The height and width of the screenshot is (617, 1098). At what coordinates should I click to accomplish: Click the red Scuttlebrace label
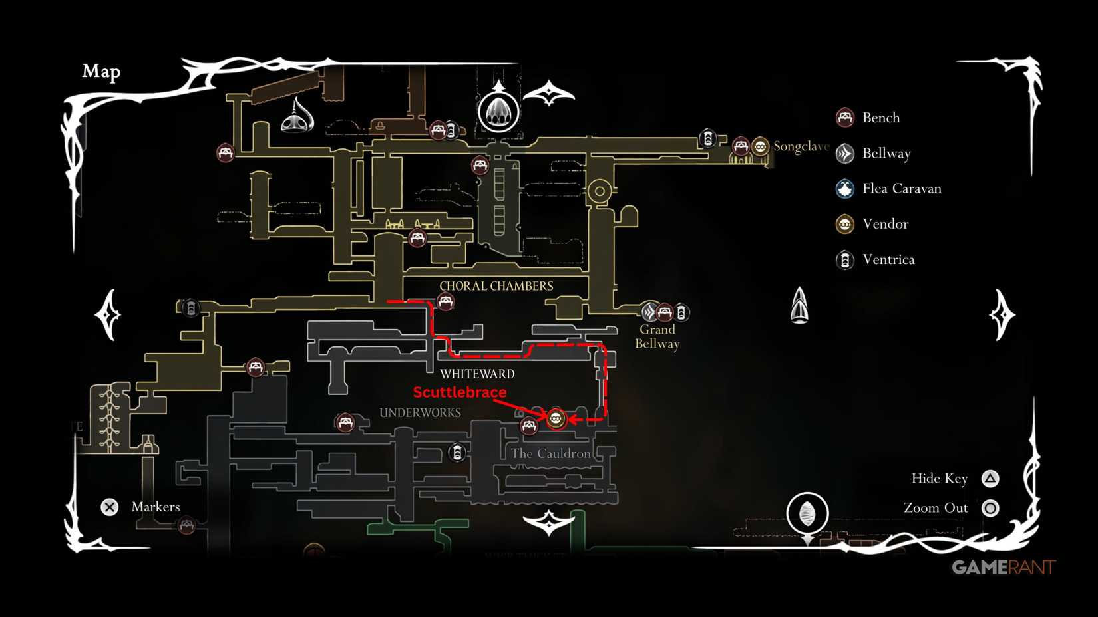click(459, 392)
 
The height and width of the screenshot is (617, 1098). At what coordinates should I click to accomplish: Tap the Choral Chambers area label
click(496, 286)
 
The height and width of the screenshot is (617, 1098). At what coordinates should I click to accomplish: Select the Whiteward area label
click(477, 374)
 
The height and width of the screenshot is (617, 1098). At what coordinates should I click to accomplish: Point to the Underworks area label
click(420, 412)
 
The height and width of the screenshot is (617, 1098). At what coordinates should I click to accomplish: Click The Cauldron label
click(550, 453)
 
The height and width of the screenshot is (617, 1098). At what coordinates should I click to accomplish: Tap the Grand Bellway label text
click(657, 336)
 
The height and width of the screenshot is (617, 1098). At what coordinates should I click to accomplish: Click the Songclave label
click(801, 146)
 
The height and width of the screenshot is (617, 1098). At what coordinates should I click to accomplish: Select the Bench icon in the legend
click(845, 118)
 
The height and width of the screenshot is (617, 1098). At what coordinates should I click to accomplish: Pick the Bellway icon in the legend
click(845, 154)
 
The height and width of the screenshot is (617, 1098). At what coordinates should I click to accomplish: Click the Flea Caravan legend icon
click(845, 189)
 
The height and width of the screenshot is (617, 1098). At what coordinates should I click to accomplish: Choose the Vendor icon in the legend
click(845, 224)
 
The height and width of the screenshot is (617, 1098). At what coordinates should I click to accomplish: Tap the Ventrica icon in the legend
click(845, 259)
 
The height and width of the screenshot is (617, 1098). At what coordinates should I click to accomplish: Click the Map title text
click(101, 71)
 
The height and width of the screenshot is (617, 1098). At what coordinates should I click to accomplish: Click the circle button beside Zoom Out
click(990, 508)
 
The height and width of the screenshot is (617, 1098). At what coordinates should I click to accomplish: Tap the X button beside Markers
click(110, 507)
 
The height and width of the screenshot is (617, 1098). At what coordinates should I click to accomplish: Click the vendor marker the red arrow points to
click(556, 418)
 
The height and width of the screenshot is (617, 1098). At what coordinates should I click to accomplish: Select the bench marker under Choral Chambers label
click(445, 303)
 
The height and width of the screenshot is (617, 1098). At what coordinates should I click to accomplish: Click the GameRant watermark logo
click(1003, 567)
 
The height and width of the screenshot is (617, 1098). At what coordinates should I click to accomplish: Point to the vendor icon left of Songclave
click(760, 146)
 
